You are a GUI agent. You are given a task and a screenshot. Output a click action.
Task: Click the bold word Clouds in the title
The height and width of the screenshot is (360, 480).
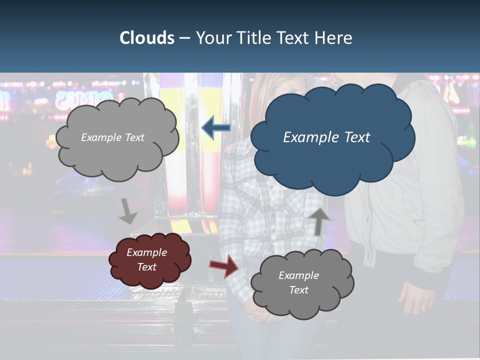(146, 38)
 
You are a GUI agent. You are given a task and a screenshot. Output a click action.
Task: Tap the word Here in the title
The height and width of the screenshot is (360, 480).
(334, 38)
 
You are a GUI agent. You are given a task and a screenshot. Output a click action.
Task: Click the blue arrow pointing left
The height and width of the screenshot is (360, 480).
(216, 128)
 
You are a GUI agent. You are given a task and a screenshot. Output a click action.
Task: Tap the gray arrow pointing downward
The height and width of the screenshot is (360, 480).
(128, 211)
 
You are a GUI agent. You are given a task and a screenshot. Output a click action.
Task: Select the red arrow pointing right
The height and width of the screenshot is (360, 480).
(223, 266)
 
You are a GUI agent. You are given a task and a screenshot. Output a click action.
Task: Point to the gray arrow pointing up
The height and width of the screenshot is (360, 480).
(319, 220)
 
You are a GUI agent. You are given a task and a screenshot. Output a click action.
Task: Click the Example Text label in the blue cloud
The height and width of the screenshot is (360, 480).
(326, 137)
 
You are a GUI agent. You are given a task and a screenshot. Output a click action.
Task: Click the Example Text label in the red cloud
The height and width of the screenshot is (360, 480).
(147, 259)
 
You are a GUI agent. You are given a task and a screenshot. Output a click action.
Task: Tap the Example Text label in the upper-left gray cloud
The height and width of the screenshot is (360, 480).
(112, 137)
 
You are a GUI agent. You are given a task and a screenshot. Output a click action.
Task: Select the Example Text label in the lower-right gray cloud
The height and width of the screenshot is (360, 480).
(298, 282)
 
